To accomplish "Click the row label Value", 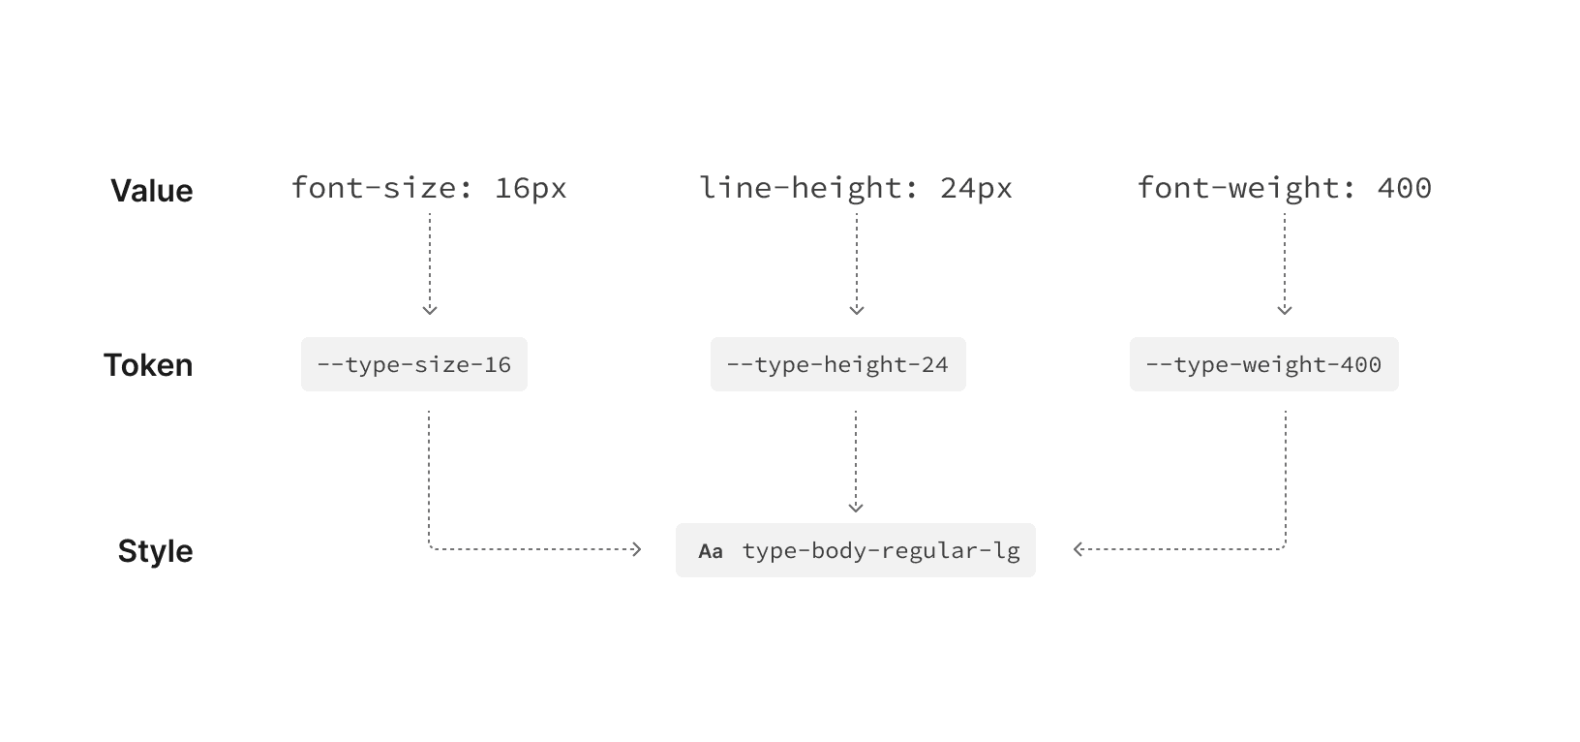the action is [x=151, y=191].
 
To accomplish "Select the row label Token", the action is [x=148, y=365].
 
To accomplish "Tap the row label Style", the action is [x=155, y=551].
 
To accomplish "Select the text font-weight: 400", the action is [x=1284, y=188].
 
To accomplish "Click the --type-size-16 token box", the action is [x=414, y=365].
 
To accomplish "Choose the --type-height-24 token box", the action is [x=837, y=365].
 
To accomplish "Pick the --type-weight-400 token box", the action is [x=1263, y=365].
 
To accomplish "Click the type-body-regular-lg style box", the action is [x=856, y=551].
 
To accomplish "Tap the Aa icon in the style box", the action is [x=711, y=552].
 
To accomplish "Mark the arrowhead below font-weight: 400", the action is [x=1285, y=310].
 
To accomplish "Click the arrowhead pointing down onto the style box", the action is [x=856, y=507].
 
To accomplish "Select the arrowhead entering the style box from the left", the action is [x=636, y=549].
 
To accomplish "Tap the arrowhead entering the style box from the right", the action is [x=1079, y=549].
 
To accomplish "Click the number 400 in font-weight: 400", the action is [x=1404, y=188].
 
